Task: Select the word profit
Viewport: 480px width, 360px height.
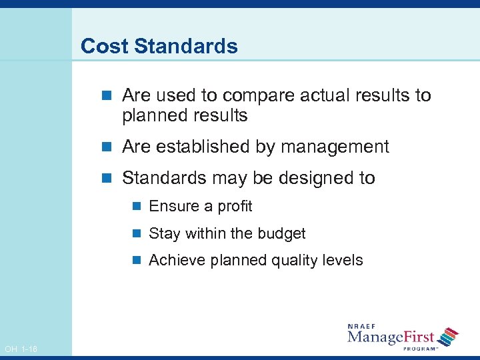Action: coord(235,206)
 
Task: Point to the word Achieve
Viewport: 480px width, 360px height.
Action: coord(177,260)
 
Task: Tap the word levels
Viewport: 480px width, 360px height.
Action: coord(342,260)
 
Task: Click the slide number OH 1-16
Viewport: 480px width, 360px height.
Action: coord(21,349)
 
